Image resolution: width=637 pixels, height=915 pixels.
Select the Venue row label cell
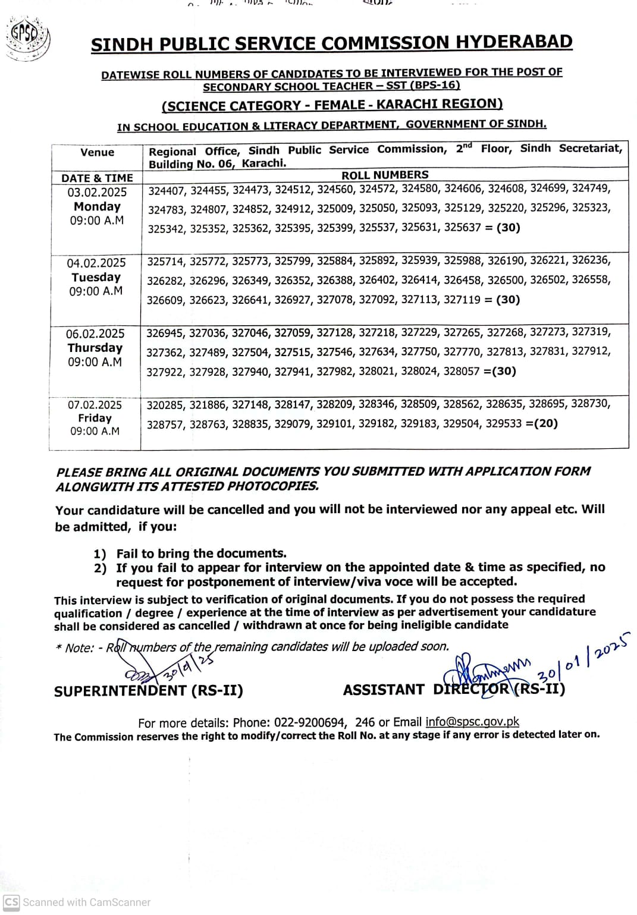click(97, 152)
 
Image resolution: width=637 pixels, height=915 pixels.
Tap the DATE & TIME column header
click(97, 178)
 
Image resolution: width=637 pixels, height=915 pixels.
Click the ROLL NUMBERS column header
click(385, 175)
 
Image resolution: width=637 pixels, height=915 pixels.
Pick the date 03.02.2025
click(97, 192)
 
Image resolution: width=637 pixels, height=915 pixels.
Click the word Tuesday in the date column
click(96, 277)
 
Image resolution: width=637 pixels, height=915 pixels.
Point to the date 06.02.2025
click(95, 334)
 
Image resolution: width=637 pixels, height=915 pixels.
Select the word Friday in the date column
click(95, 418)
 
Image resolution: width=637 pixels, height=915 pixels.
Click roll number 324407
click(167, 190)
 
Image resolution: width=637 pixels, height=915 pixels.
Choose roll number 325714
click(166, 262)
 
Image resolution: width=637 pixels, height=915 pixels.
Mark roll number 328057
click(461, 371)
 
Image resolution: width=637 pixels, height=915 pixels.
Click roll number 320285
click(165, 405)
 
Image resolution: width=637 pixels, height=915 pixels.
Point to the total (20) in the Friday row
click(545, 423)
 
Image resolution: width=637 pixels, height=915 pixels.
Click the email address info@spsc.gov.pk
click(472, 722)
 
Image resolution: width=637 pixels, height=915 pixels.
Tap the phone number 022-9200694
click(309, 722)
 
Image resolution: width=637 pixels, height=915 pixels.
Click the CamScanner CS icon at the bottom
click(11, 901)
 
